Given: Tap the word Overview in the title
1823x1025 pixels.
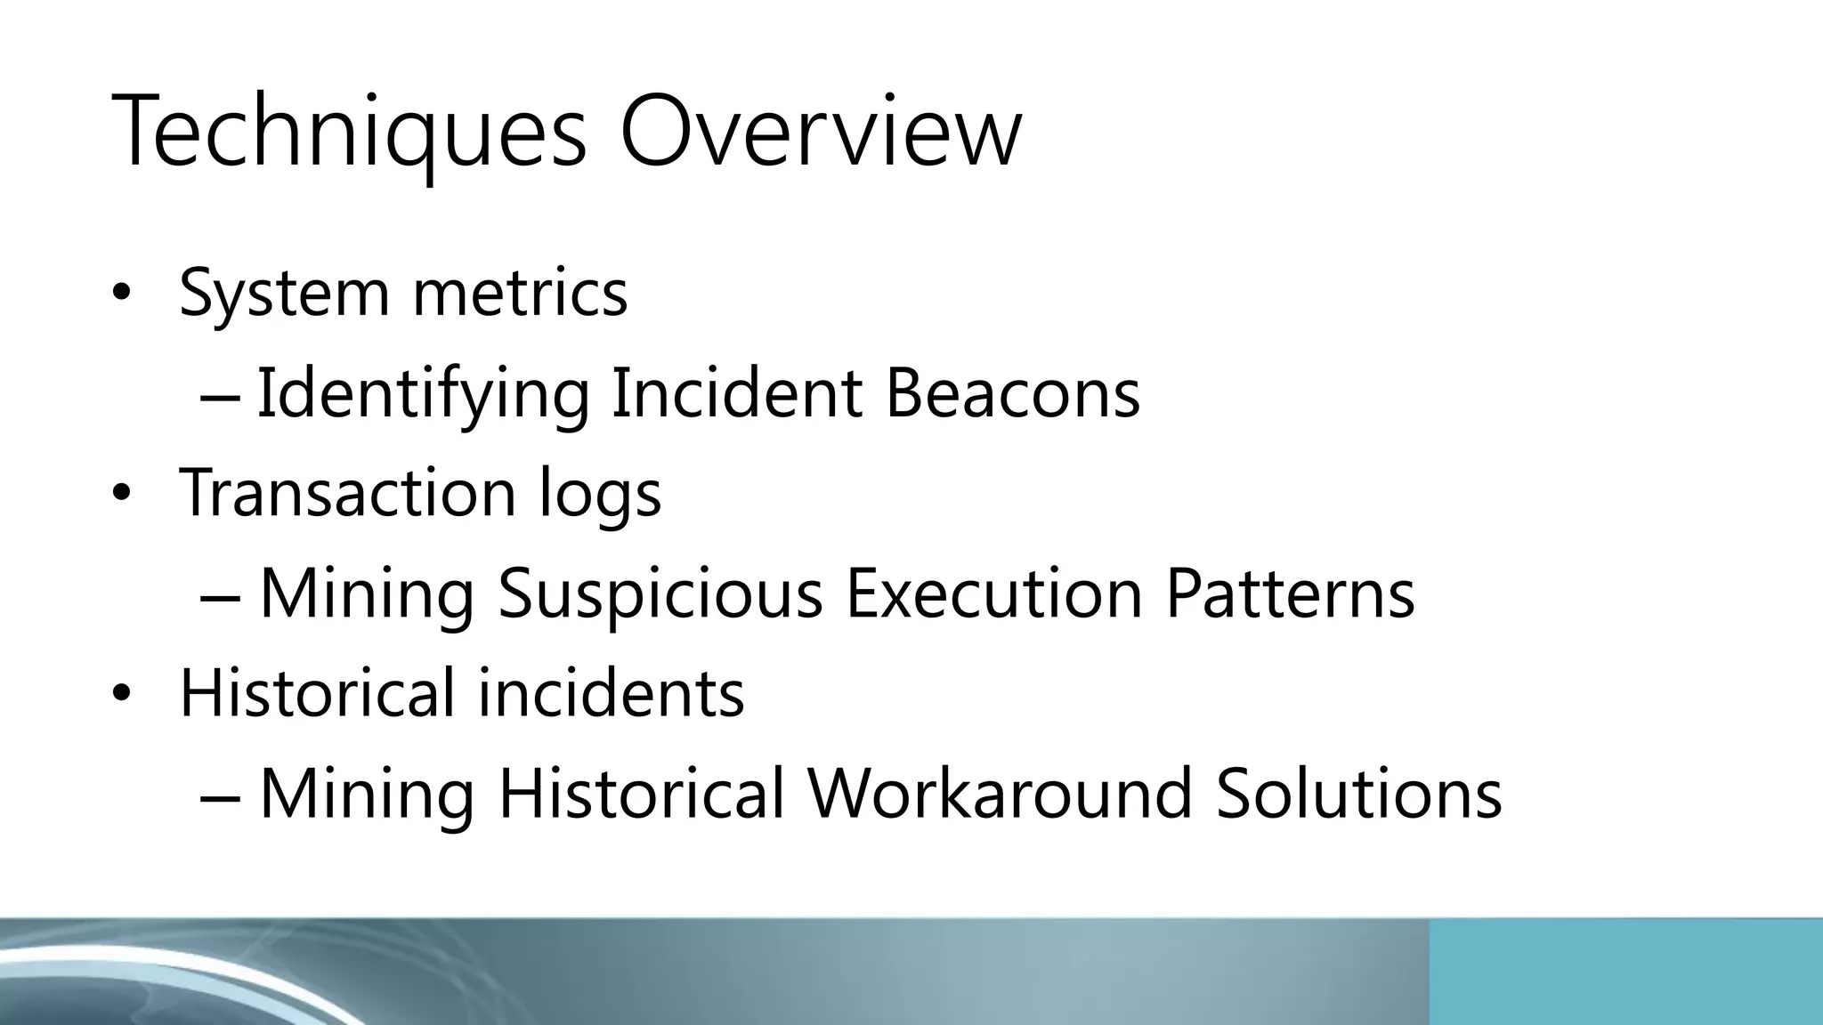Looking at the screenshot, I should point(820,133).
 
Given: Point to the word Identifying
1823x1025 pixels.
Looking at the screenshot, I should point(423,393).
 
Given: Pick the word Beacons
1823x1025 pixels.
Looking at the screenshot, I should point(1012,393).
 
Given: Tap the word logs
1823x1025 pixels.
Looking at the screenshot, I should point(600,495).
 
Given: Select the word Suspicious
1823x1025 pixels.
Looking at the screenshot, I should point(660,593).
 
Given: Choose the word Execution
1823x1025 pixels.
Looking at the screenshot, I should point(993,593).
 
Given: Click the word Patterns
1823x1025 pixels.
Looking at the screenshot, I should point(1290,593).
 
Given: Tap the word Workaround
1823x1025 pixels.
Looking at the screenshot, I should point(1000,793).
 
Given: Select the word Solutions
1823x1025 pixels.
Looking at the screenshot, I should point(1358,793).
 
